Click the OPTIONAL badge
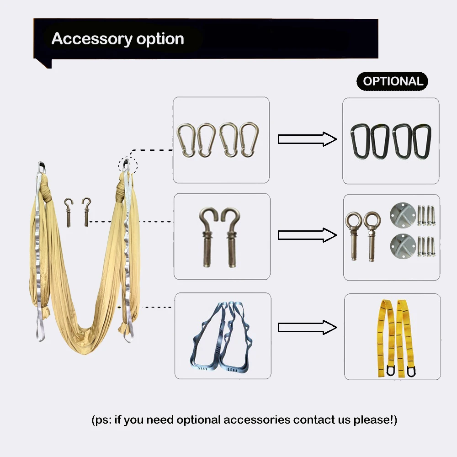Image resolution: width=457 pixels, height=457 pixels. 392,81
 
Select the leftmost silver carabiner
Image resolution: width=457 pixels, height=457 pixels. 185,140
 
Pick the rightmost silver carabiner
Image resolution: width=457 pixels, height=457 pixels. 249,140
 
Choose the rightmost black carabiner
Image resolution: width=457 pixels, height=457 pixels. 421,141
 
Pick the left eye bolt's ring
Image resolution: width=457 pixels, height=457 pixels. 353,220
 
